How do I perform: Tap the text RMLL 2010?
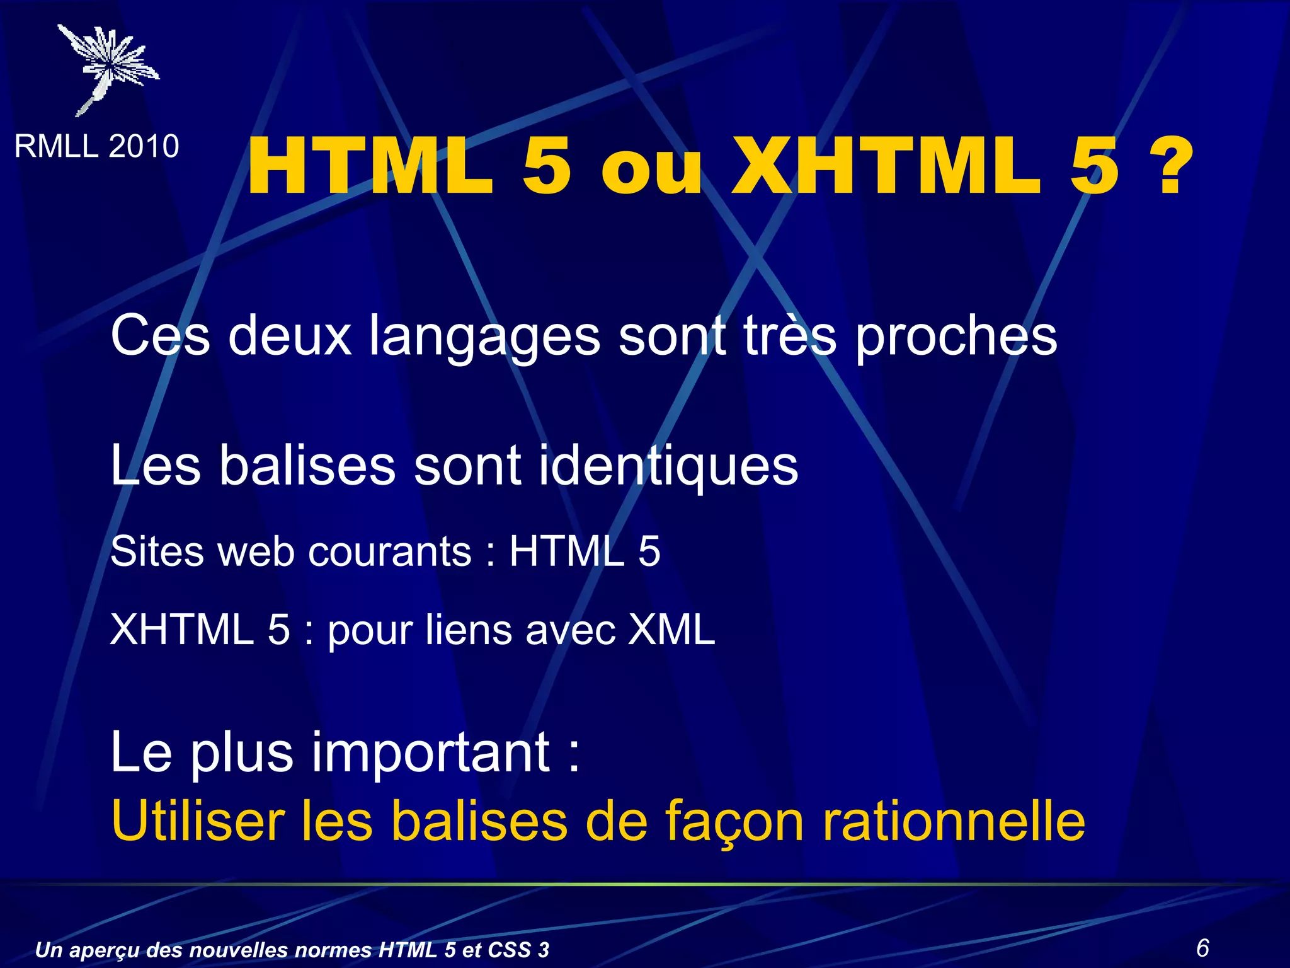coord(96,146)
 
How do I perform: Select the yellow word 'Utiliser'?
coord(198,821)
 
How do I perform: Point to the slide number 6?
coord(1202,947)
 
